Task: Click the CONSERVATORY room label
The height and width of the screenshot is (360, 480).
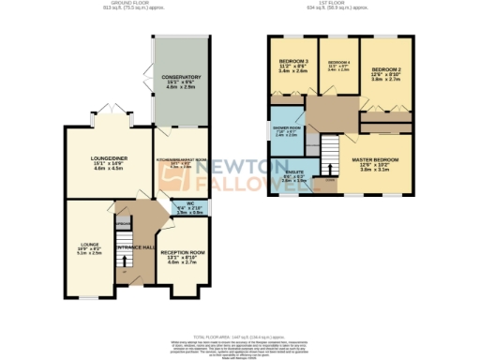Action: click(181, 77)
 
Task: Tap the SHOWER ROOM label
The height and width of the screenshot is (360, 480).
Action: click(287, 129)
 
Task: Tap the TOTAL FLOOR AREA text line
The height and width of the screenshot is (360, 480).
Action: click(239, 335)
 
